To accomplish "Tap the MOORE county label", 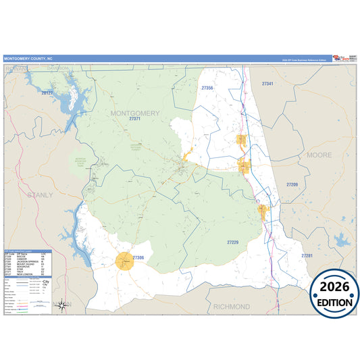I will point(319,155).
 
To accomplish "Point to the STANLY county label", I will point(39,195).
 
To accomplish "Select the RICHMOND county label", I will point(231,307).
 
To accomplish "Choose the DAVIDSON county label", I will point(58,68).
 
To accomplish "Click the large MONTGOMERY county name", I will point(134,112).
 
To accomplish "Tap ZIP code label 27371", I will point(135,119).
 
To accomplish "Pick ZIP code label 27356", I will point(207,88).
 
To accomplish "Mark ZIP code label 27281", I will point(307,256).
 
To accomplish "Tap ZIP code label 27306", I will point(138,257).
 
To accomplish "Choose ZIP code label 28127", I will point(47,93).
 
